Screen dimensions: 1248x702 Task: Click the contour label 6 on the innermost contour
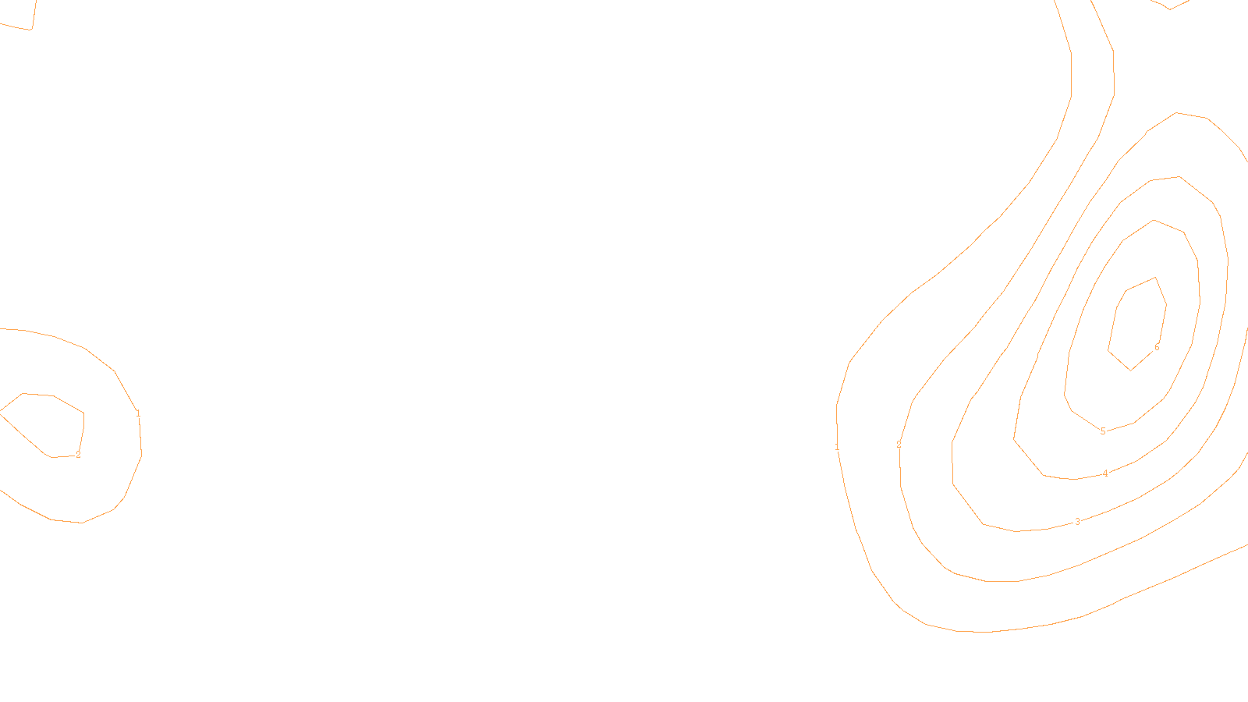pyautogui.click(x=1157, y=347)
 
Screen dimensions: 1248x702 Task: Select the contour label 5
pyautogui.click(x=1103, y=431)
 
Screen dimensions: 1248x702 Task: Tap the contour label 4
pyautogui.click(x=1105, y=473)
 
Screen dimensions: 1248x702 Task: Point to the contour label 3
pyautogui.click(x=1078, y=522)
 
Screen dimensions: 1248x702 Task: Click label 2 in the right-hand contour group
pyautogui.click(x=899, y=445)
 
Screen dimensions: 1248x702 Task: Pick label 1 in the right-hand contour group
pyautogui.click(x=837, y=448)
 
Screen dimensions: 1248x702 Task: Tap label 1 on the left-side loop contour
pyautogui.click(x=138, y=413)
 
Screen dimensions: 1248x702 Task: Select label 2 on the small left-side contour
pyautogui.click(x=78, y=455)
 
